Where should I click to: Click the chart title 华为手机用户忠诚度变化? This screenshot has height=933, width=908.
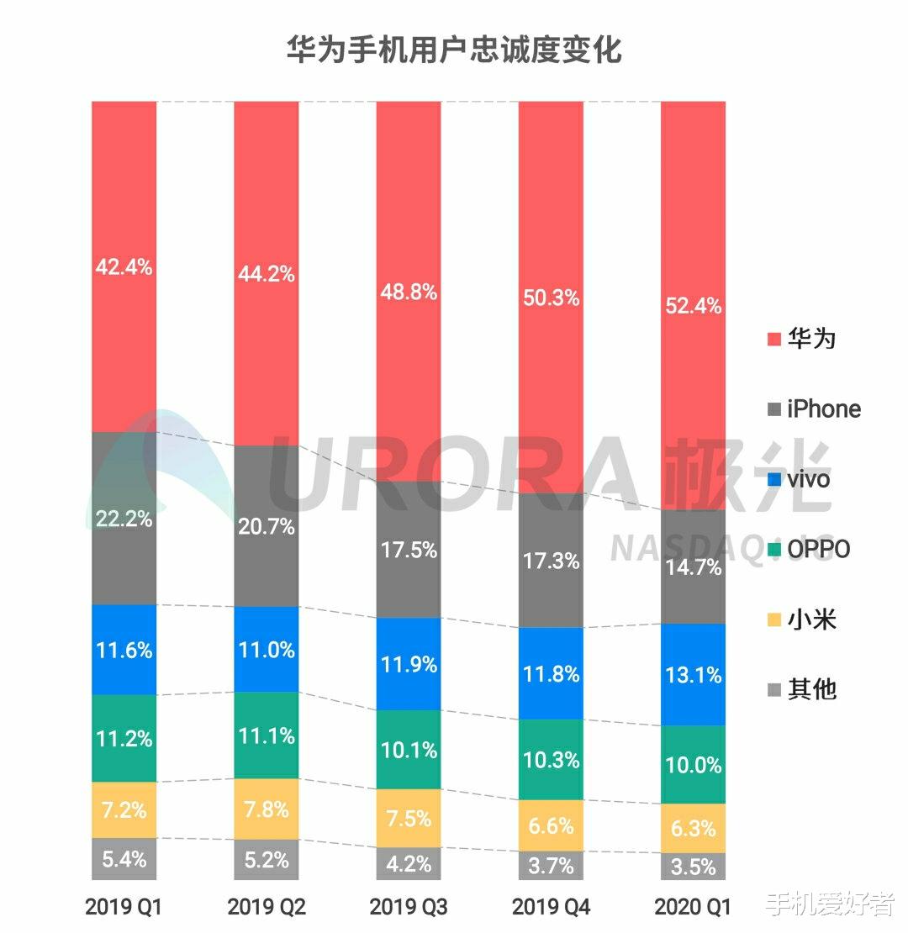[454, 50]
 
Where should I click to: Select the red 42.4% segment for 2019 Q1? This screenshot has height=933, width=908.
[124, 267]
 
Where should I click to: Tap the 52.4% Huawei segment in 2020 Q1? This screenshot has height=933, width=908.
[693, 305]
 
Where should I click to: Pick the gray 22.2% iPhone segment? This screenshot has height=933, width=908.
[124, 519]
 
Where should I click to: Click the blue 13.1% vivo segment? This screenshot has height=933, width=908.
[693, 674]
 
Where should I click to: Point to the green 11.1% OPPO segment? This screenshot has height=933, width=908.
[266, 735]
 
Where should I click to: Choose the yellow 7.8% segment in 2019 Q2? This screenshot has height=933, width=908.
[266, 809]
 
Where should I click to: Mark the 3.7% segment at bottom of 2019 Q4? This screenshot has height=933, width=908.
[551, 864]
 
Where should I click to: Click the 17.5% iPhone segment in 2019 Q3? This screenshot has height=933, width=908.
[408, 550]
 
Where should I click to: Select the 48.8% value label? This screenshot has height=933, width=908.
[408, 293]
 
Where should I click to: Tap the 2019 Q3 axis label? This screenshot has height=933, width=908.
[408, 907]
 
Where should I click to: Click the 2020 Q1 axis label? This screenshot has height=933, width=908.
[693, 907]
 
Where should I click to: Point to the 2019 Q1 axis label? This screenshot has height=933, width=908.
[124, 907]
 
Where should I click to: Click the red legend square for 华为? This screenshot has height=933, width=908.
[774, 340]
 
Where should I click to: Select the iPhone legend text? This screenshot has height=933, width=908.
[824, 409]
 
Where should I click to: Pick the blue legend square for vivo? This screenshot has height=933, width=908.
[774, 479]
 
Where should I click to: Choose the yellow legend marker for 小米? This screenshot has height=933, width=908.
[774, 620]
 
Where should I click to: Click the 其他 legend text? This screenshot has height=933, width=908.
[812, 690]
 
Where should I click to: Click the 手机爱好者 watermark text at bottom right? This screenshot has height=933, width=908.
[830, 904]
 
